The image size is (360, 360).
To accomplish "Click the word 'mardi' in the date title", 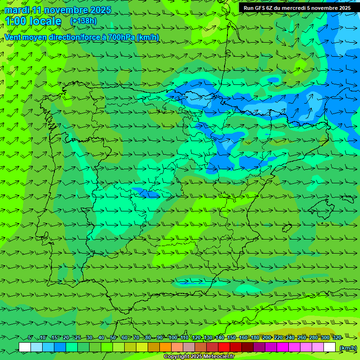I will click(x=17, y=10).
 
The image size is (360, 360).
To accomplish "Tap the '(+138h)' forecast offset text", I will click(x=83, y=21).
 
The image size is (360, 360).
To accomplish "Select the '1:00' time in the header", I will click(x=15, y=22).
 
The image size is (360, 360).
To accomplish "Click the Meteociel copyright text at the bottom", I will click(x=199, y=357).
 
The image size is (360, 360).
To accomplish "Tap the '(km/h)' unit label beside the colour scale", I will click(x=347, y=348).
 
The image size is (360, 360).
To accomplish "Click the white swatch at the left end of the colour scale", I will click(x=25, y=347).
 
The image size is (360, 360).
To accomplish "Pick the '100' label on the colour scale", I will click(x=173, y=338).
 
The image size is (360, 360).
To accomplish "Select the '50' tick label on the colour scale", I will click(x=113, y=338).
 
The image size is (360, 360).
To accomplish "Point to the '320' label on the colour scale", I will click(x=337, y=338).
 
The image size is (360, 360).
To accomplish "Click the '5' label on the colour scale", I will click(x=30, y=338).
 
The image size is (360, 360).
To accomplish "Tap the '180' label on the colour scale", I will click(x=255, y=338).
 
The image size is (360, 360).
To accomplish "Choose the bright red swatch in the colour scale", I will click(x=224, y=347).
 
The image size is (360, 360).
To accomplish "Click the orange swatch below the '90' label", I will click(x=165, y=347).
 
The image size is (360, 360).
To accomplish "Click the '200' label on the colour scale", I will click(x=267, y=338).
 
